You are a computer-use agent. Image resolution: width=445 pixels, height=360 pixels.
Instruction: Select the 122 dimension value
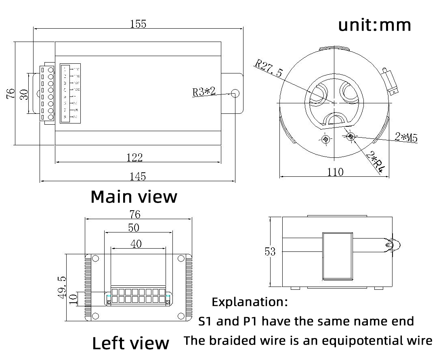click(x=134, y=157)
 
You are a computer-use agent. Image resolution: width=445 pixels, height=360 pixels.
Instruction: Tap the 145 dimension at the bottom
click(x=138, y=176)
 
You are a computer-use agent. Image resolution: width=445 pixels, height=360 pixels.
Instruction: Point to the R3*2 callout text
click(x=204, y=92)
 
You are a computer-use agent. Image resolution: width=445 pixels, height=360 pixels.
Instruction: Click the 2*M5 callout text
click(x=406, y=137)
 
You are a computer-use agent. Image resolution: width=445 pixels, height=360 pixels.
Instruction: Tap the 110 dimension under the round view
click(x=335, y=172)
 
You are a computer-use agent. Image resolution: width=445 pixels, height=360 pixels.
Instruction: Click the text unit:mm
click(x=374, y=25)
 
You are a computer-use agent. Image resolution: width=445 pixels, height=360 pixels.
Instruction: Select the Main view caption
click(x=134, y=197)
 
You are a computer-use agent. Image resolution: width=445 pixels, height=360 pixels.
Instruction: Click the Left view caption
click(x=130, y=343)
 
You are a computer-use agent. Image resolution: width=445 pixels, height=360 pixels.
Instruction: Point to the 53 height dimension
click(x=270, y=252)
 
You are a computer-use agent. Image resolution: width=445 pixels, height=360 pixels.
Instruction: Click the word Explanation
click(x=250, y=301)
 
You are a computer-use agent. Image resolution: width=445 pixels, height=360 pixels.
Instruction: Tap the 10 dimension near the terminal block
click(x=73, y=299)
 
